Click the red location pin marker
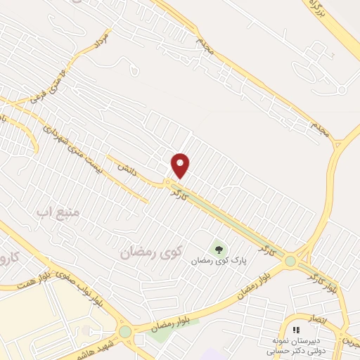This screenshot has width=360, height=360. tap(181, 165)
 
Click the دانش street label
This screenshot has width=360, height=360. tap(125, 169)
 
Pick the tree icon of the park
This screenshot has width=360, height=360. tap(218, 248)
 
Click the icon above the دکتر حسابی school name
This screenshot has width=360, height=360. tap(296, 330)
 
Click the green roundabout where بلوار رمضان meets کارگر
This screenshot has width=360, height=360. tap(290, 262)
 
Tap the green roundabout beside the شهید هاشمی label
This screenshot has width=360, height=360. tap(125, 331)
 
